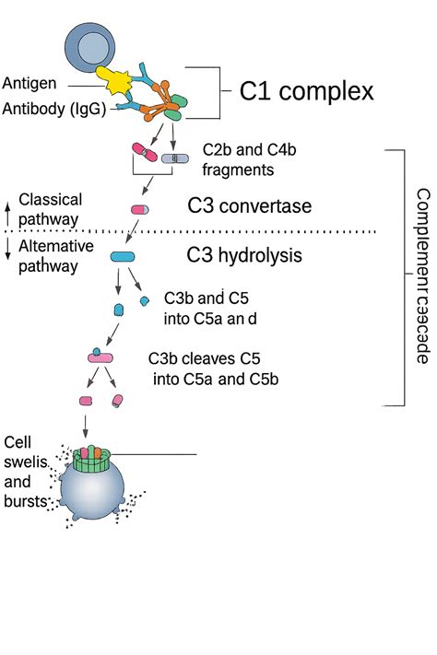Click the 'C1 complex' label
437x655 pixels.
click(x=306, y=91)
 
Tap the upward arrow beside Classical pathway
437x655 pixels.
click(x=8, y=208)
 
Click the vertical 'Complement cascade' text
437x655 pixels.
click(x=422, y=275)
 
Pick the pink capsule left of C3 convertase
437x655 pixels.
click(x=139, y=210)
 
